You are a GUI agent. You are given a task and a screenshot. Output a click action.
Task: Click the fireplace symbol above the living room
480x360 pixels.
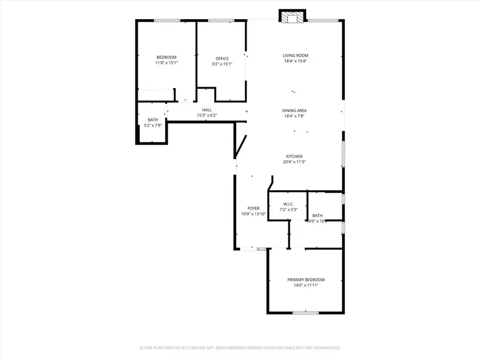point(292,18)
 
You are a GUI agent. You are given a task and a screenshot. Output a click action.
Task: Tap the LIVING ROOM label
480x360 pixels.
point(295,55)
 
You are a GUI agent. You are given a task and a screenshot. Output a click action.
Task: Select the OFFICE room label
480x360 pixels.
point(222,59)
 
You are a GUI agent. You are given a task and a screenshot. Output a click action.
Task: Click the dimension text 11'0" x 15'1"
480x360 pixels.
point(166,63)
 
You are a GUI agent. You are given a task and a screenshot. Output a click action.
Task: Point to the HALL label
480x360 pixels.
point(207,110)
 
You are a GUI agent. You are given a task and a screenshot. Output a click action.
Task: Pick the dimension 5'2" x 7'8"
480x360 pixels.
point(153,125)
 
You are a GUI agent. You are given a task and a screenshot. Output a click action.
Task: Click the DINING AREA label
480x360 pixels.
point(294,110)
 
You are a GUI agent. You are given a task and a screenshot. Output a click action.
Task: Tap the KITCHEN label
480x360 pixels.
point(295,156)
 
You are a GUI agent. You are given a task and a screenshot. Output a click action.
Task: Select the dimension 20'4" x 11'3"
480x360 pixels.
point(295,162)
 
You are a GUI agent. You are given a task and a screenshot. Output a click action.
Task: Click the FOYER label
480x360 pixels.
point(253,209)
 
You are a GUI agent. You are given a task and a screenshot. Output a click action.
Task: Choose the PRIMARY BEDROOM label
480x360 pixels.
point(306,279)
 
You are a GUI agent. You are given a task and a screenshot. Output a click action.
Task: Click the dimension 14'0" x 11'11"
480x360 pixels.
point(306,285)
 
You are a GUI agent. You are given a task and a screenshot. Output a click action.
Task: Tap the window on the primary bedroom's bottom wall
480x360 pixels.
point(306,313)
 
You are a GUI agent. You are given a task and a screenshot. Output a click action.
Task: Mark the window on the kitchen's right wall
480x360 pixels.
point(343,154)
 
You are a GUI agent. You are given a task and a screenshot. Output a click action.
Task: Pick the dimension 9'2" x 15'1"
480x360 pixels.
point(222,64)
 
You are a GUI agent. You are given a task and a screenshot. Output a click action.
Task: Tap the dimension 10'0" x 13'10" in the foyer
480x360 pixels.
point(253,214)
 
